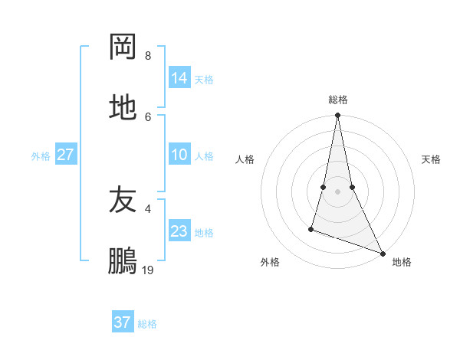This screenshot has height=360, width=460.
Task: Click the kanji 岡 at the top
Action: coord(123,47)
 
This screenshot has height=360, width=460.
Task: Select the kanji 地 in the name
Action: coord(123,108)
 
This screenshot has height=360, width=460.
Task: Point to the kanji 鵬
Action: coord(123,260)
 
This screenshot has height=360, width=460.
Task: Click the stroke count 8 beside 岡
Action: coord(147,56)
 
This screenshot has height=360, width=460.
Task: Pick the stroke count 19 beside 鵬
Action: coord(148,270)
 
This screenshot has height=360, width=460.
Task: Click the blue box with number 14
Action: coord(179,77)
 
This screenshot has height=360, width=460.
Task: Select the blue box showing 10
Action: coord(179,155)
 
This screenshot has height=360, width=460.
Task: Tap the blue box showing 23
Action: coord(179,231)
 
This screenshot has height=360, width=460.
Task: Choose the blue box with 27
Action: coord(66,155)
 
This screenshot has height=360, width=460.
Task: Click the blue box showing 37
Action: coord(123,322)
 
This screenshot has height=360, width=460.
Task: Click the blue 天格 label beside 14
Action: coord(204,79)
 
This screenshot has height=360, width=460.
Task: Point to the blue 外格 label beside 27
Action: coord(41,156)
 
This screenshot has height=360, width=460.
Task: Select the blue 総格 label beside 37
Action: coord(147,324)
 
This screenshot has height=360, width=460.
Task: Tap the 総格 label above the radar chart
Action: coord(338,100)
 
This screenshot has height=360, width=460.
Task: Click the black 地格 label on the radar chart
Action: coord(402,262)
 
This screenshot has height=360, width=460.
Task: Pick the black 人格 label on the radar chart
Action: coord(245,159)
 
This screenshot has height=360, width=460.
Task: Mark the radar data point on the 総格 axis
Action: coord(337,116)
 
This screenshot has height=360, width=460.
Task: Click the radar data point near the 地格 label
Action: coord(383,253)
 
